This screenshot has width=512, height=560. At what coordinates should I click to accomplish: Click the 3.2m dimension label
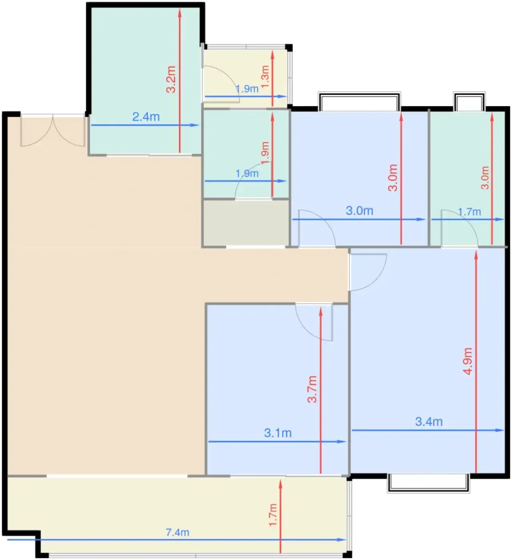(171, 79)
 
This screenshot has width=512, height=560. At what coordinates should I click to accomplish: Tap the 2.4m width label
(146, 117)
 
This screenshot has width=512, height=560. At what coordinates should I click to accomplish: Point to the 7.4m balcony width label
(177, 532)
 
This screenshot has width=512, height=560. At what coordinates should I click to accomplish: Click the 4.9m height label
(468, 361)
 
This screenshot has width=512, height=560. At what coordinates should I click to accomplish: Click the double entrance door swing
(52, 130)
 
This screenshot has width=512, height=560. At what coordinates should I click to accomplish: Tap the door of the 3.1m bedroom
(314, 322)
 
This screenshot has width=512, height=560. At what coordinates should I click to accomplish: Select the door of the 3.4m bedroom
(368, 272)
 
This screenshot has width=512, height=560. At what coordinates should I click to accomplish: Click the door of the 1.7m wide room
(460, 228)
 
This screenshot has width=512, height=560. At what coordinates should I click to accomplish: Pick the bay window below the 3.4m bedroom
(428, 483)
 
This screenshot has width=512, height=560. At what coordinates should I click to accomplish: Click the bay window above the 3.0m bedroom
(359, 101)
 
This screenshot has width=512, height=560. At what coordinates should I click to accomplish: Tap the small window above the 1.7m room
(469, 101)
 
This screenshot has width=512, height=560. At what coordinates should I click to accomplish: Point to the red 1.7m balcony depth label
(273, 515)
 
